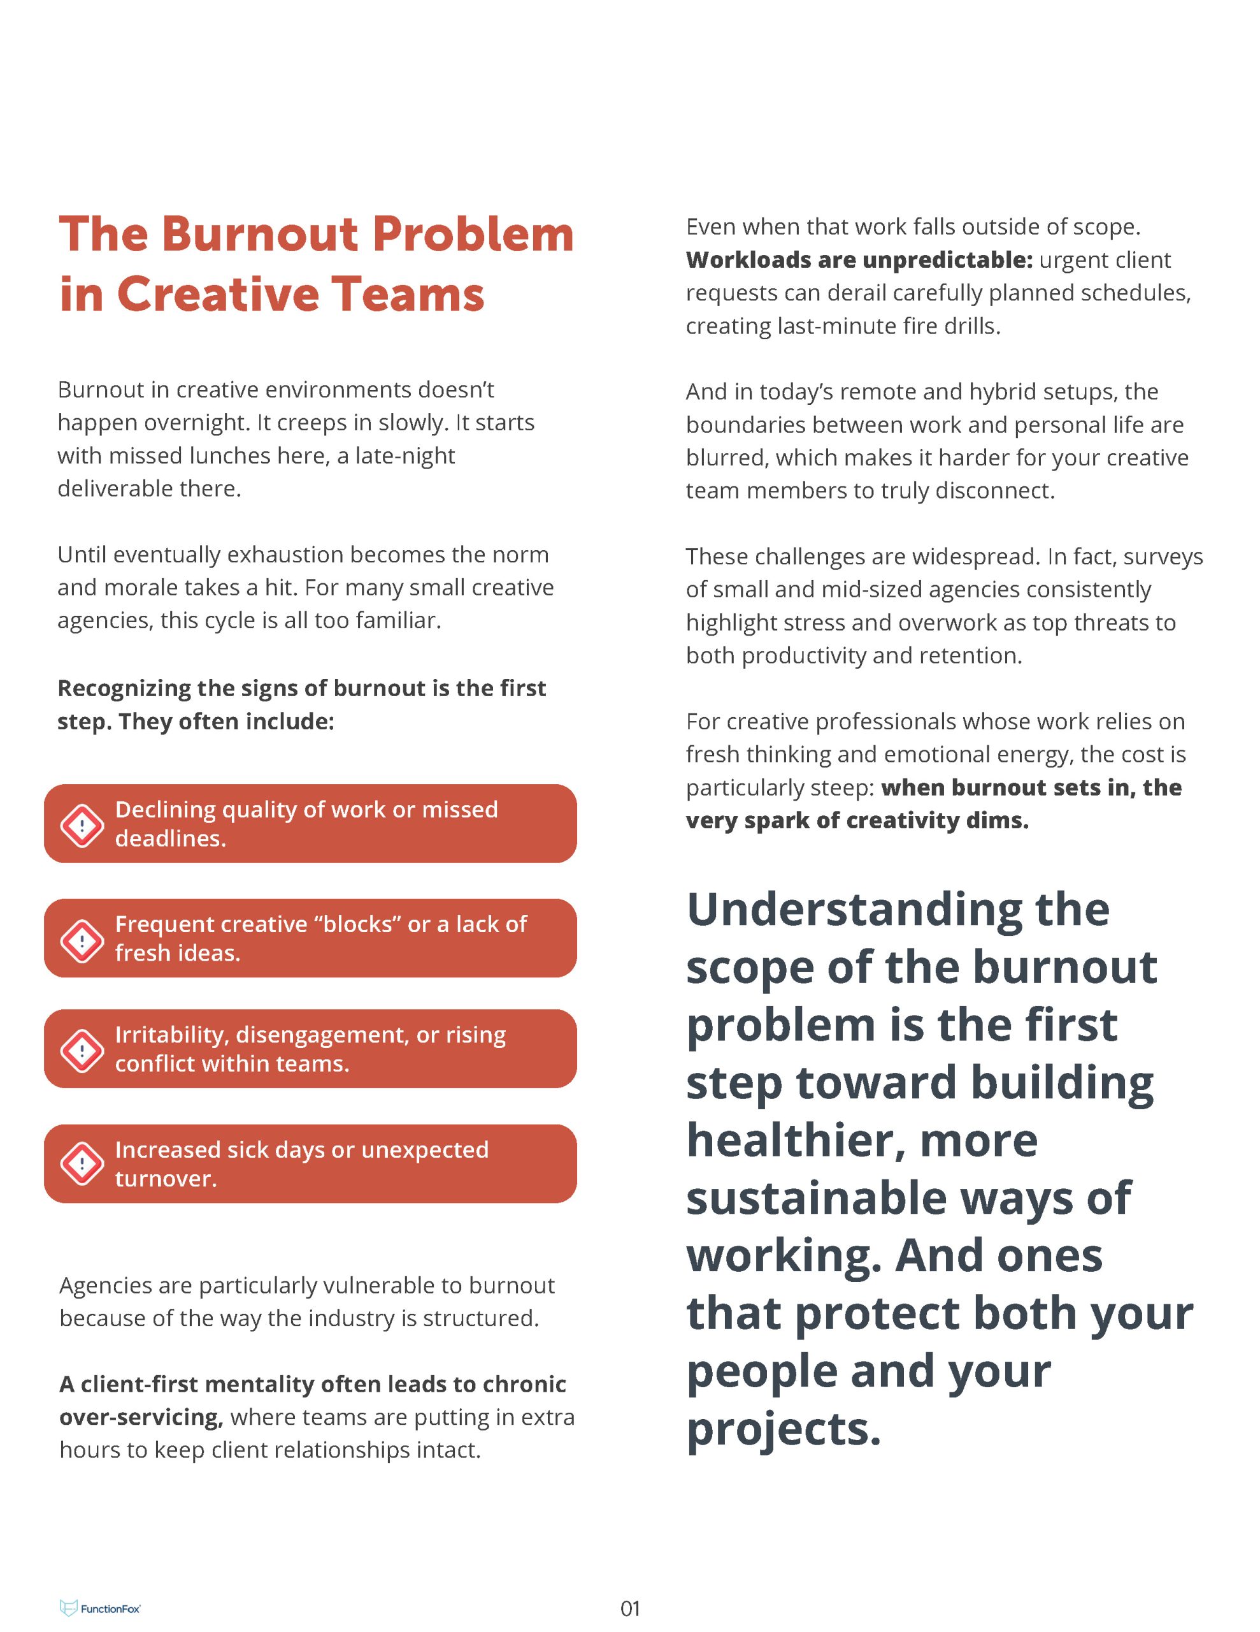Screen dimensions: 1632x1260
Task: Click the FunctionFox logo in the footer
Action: (x=100, y=1608)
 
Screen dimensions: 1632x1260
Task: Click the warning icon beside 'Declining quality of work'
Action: (x=82, y=826)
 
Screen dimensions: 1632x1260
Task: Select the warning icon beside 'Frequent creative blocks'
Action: (x=82, y=940)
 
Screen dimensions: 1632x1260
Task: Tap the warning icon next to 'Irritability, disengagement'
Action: (x=82, y=1051)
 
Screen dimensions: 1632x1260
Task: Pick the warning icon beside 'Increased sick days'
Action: (x=82, y=1163)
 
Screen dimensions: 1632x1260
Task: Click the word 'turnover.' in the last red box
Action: (x=166, y=1178)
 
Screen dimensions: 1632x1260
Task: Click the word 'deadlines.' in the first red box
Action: (x=170, y=838)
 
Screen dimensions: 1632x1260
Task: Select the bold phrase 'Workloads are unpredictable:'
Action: (x=859, y=259)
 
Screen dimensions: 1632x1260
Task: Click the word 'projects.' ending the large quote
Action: (x=784, y=1428)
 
